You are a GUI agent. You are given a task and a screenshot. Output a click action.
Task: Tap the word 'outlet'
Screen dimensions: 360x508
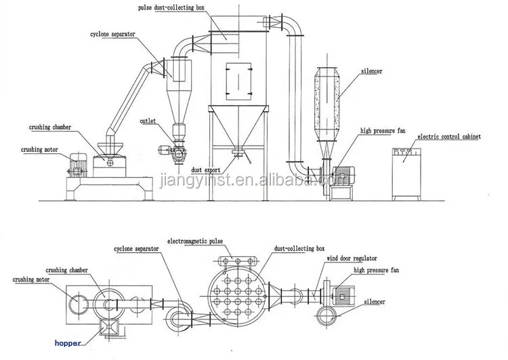(148, 121)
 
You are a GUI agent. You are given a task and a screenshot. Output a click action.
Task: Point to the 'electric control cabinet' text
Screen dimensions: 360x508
(448, 137)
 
